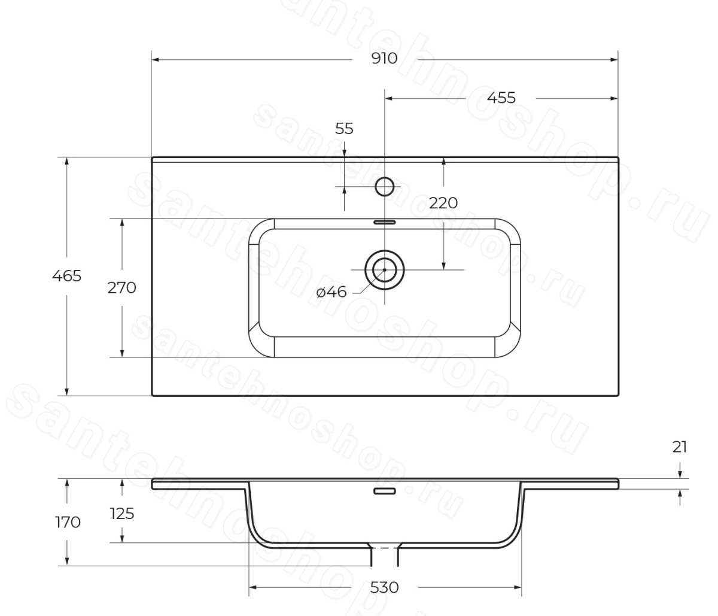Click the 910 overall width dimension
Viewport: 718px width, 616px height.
click(x=384, y=59)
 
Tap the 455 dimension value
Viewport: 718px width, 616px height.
click(x=501, y=98)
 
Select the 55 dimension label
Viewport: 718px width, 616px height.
click(x=344, y=129)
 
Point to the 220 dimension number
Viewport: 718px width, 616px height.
click(x=443, y=203)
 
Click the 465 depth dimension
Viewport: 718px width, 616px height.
click(x=66, y=276)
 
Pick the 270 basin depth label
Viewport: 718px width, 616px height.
click(x=121, y=288)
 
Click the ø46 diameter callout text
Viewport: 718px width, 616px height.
click(x=331, y=292)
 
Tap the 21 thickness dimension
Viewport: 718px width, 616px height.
click(x=680, y=447)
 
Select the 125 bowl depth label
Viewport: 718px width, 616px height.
click(x=122, y=514)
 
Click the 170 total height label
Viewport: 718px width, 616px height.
click(x=68, y=522)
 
